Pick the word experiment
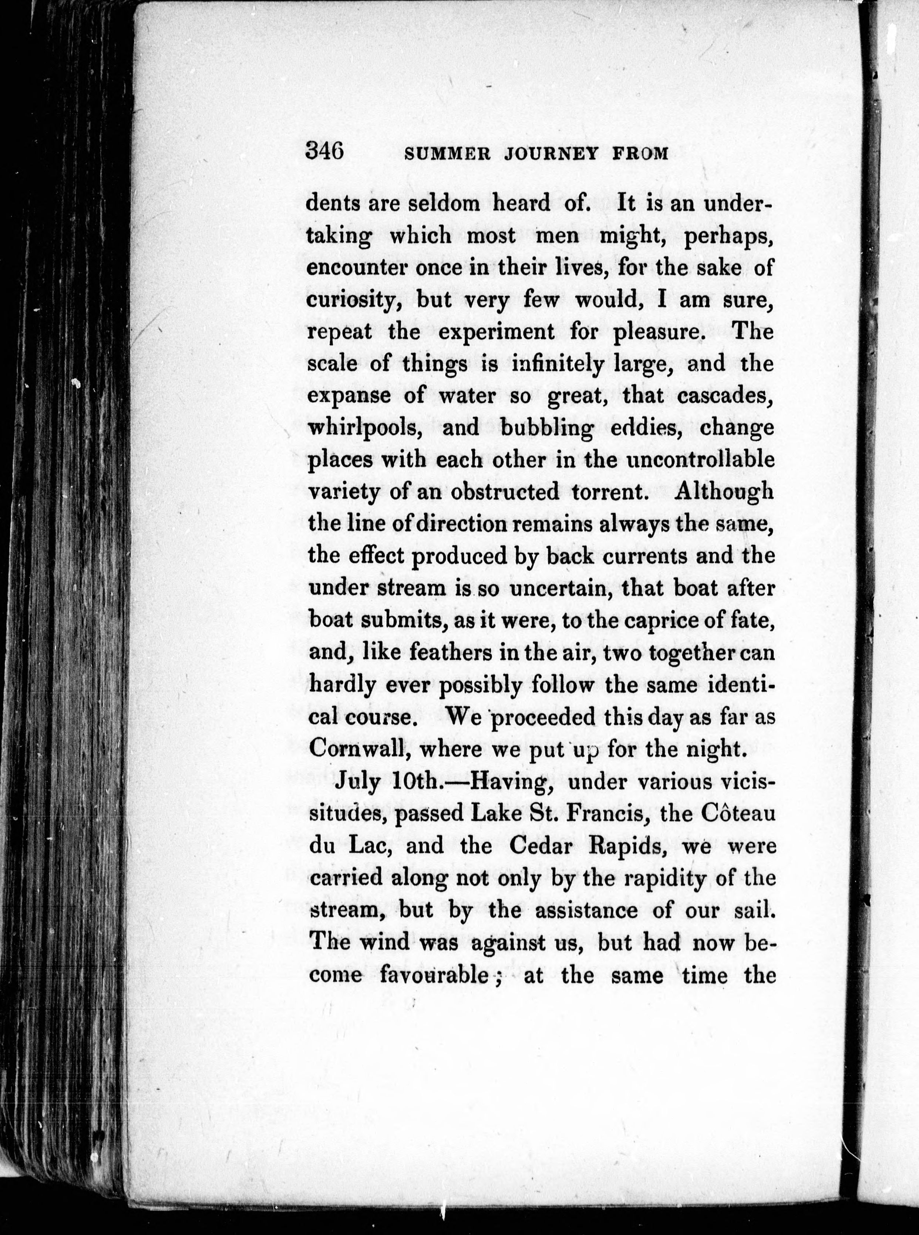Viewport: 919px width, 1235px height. click(497, 332)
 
